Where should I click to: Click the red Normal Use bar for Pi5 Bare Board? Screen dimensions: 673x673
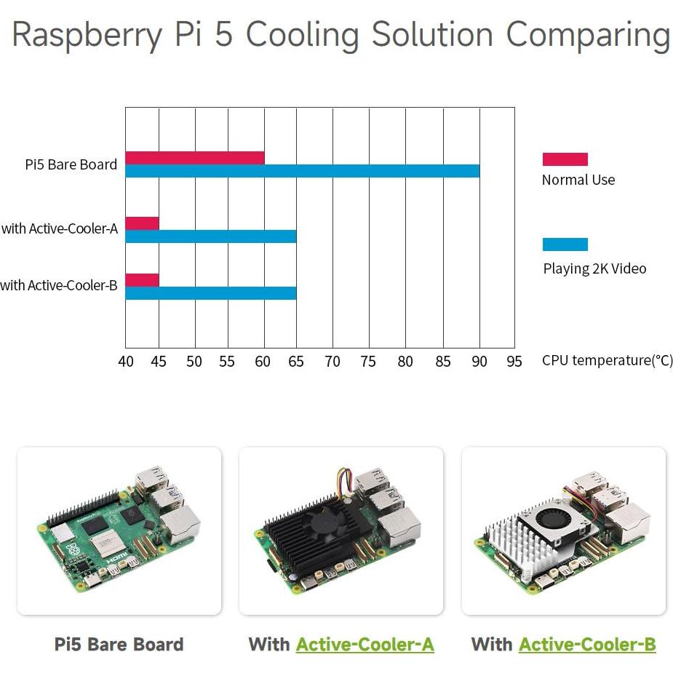tap(194, 158)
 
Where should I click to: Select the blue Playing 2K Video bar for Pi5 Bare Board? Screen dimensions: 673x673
tap(302, 171)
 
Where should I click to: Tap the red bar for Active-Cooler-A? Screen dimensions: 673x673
tap(142, 223)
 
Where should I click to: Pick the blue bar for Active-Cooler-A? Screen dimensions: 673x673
tap(210, 236)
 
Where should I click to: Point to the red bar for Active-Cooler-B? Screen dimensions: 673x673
tap(142, 280)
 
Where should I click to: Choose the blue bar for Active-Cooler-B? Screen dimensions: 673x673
tap(210, 293)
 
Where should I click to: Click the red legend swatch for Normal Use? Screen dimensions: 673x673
tap(565, 159)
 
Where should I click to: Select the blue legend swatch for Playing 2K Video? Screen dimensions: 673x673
tap(565, 244)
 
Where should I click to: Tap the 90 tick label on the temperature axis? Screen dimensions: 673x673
tap(479, 362)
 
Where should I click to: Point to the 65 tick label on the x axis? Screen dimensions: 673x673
tap(297, 362)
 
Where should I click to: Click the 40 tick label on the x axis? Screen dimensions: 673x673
tap(126, 362)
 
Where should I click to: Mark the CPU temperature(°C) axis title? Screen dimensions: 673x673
tap(607, 361)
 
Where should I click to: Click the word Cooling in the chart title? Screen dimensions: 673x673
tap(306, 35)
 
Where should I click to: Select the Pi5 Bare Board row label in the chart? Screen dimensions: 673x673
tap(71, 164)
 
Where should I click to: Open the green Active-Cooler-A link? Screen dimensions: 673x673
tap(365, 644)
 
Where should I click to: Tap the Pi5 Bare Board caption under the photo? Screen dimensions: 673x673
tap(119, 644)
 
